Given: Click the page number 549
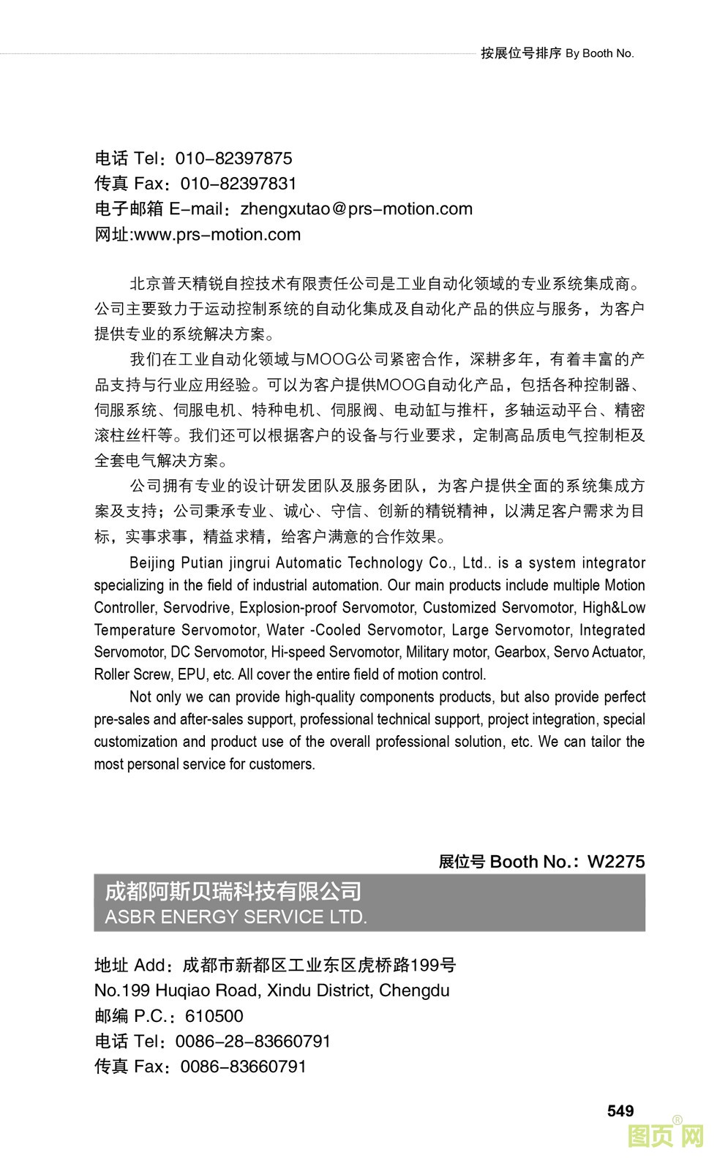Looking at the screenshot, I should pos(620,1111).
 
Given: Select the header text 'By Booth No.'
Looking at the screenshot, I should pos(600,53).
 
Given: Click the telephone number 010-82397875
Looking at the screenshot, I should pos(233,159).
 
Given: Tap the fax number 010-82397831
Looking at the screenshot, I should pos(239,184).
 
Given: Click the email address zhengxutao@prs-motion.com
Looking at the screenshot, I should pos(356,209).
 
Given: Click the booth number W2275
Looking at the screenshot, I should pos(616,862).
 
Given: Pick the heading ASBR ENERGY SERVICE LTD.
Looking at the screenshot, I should pos(236,917).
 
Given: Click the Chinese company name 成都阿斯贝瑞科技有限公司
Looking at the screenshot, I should pos(233,891).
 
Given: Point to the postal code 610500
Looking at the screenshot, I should pos(214,1016).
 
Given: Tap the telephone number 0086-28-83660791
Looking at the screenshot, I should pos(253,1041).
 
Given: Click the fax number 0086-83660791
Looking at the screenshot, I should pos(244,1067).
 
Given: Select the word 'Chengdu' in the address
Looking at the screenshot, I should pos(414,991).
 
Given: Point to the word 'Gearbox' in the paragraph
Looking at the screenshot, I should pos(520,652).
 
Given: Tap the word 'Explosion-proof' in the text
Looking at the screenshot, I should pos(288,608).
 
